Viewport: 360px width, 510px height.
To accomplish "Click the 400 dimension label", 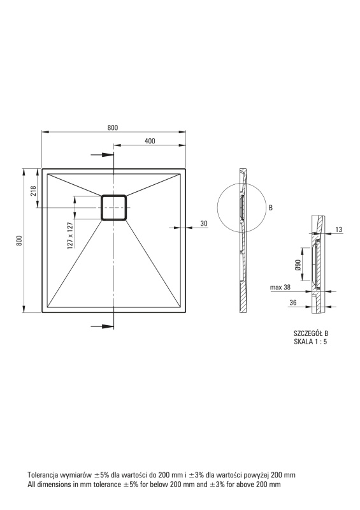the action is pyautogui.click(x=150, y=141).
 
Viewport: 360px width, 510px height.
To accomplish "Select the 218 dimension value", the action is pyautogui.click(x=33, y=191).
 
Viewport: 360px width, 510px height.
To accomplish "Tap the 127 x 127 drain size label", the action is pyautogui.click(x=70, y=235).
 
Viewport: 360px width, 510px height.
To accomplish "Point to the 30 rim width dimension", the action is pyautogui.click(x=204, y=224).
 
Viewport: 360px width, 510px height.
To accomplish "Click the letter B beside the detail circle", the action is pyautogui.click(x=271, y=208).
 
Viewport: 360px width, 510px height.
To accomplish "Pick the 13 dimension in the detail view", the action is pyautogui.click(x=338, y=229).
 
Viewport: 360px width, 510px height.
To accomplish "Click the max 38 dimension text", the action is pyautogui.click(x=280, y=288).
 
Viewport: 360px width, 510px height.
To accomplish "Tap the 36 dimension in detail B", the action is pyautogui.click(x=293, y=302).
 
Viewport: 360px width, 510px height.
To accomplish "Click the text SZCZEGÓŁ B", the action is pyautogui.click(x=310, y=333).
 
